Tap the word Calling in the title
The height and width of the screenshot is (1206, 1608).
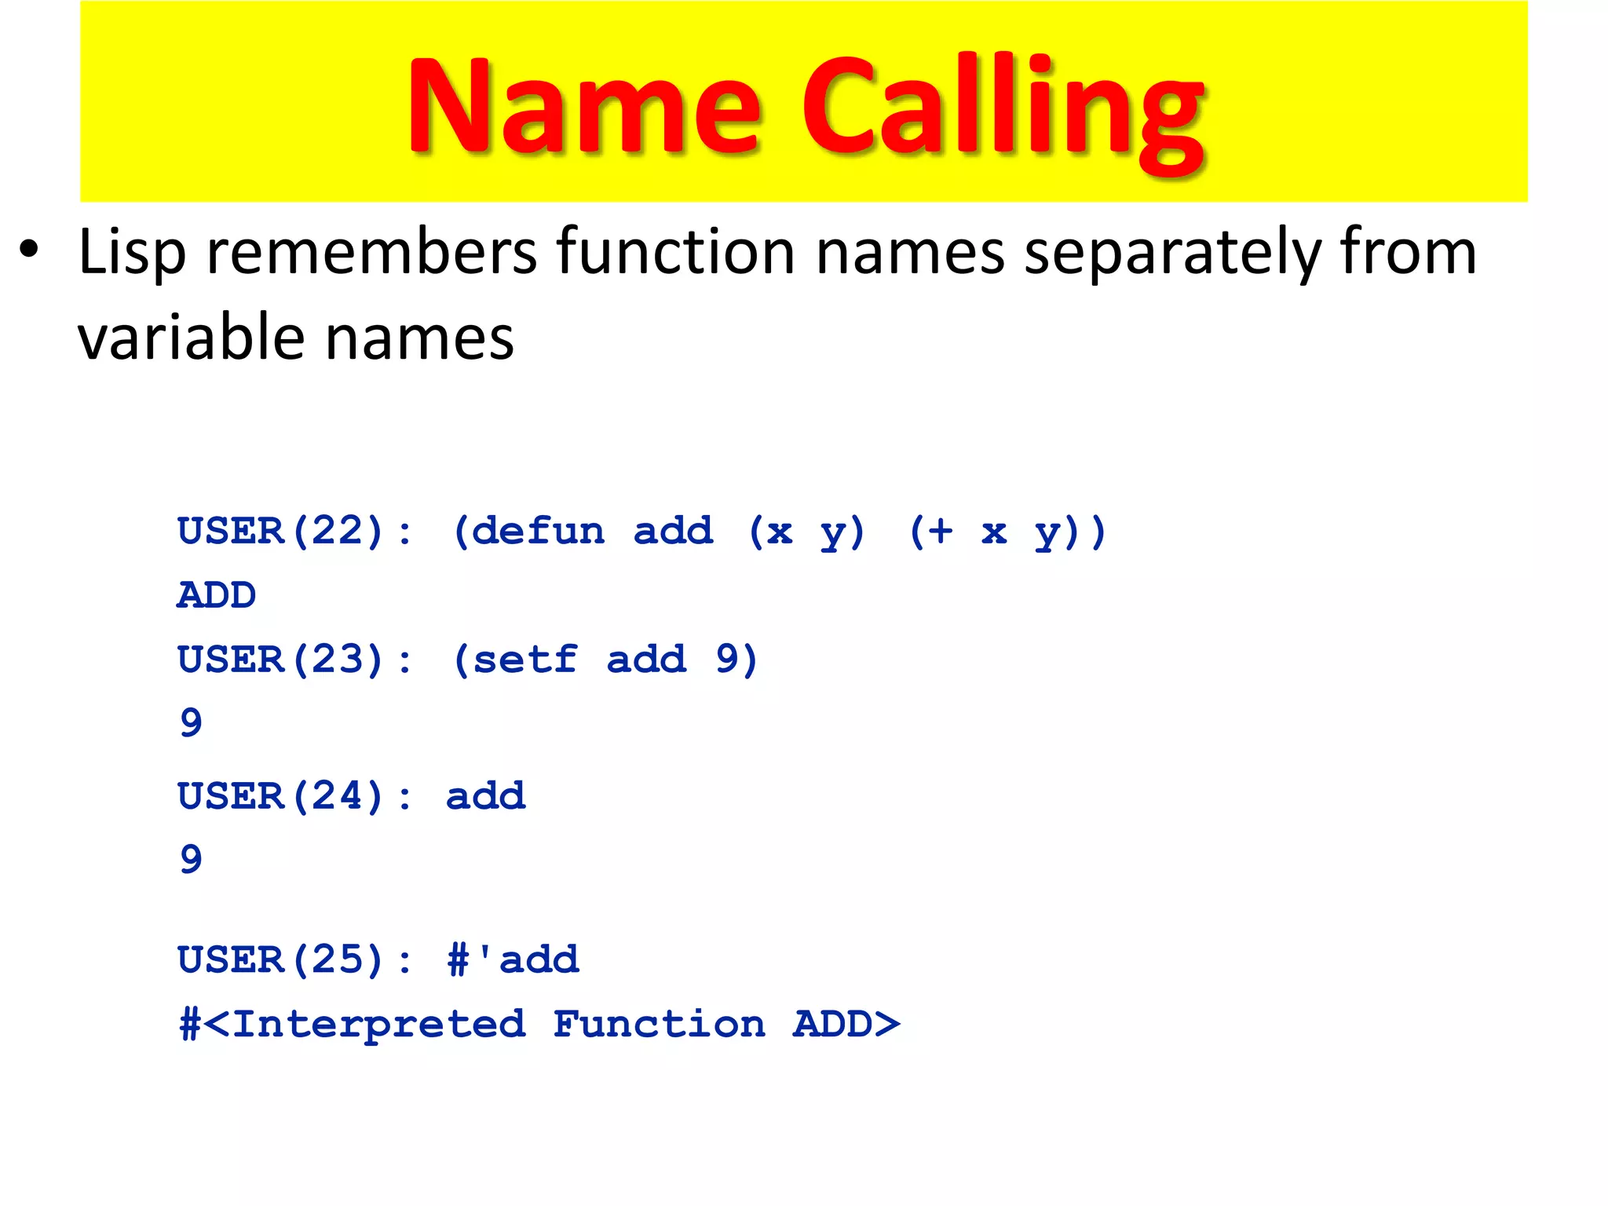[1003, 110]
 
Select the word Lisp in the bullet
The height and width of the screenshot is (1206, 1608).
[132, 253]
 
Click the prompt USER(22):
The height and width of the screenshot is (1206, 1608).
[294, 532]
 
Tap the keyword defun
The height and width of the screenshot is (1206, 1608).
[539, 532]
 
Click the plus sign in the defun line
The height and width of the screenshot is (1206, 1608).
[939, 532]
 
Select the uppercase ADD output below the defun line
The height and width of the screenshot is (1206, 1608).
[217, 595]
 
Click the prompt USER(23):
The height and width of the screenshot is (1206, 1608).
[294, 660]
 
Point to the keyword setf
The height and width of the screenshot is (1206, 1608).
[525, 660]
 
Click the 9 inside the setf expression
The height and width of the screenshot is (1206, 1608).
[726, 660]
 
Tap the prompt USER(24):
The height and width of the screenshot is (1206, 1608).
[294, 796]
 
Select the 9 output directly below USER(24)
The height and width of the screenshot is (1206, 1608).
[191, 859]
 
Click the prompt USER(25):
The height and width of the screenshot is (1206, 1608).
[294, 959]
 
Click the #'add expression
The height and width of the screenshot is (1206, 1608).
[513, 959]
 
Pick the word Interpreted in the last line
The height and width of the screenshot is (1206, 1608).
[378, 1025]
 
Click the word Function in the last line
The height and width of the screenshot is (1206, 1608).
[659, 1025]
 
